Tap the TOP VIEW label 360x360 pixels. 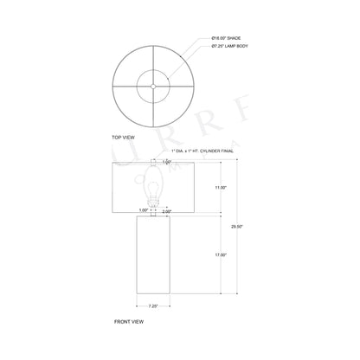pyautogui.click(x=125, y=137)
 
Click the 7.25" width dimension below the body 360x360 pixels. pyautogui.click(x=153, y=305)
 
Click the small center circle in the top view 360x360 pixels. pyautogui.click(x=154, y=85)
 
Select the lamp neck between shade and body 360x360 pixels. pyautogui.click(x=155, y=213)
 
